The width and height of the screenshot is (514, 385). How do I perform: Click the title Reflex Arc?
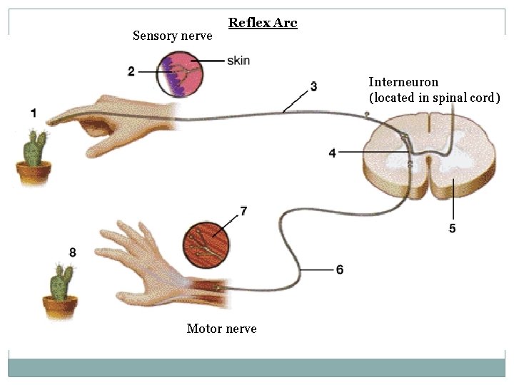point(263,23)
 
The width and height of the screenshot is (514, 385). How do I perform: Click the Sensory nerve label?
point(172,36)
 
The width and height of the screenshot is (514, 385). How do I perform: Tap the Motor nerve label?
point(221,329)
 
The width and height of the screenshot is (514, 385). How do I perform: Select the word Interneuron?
point(403,82)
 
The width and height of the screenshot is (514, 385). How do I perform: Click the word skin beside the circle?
point(238,60)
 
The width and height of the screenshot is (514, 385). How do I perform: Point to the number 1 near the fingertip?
point(34,113)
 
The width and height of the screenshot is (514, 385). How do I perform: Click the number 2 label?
point(131,71)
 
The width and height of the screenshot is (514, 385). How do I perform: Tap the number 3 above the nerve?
point(313,86)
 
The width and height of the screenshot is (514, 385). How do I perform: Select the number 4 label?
point(333,152)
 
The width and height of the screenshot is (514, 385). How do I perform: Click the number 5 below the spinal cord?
point(453,228)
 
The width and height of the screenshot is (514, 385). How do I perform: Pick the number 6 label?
point(339,269)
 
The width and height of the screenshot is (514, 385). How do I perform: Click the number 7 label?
point(243,211)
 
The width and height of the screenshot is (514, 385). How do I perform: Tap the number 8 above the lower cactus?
point(72,252)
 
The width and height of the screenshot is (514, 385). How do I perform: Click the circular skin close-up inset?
point(179,73)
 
